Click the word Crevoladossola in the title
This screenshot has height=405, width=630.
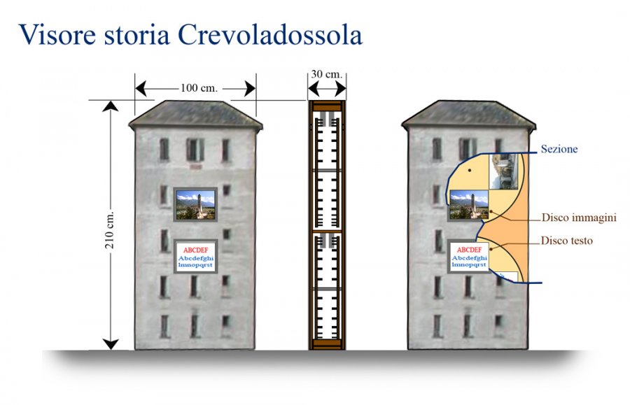click(270, 35)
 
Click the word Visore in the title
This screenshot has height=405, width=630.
click(57, 35)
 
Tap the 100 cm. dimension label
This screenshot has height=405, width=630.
click(199, 88)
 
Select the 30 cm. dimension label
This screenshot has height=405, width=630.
click(327, 74)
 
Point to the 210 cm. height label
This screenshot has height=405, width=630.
click(110, 229)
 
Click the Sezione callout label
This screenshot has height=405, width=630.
click(559, 149)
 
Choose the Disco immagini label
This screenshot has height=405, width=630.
click(579, 218)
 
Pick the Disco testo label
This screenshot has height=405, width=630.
click(566, 241)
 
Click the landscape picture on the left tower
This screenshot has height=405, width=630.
click(196, 205)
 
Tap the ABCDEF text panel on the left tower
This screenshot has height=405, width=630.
click(196, 257)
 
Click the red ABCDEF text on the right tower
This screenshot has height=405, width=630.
click(469, 250)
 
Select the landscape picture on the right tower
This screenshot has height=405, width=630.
click(468, 205)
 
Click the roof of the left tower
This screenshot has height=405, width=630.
click(196, 115)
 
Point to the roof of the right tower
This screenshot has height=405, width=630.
click(468, 115)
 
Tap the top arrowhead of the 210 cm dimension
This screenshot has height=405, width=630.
click(111, 106)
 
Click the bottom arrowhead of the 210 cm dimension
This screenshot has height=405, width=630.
click(111, 344)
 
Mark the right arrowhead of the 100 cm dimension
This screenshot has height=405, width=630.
click(250, 89)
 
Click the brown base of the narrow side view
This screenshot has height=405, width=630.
click(327, 344)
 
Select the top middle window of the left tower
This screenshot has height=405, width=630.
click(195, 149)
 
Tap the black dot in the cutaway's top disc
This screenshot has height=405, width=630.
click(469, 170)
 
